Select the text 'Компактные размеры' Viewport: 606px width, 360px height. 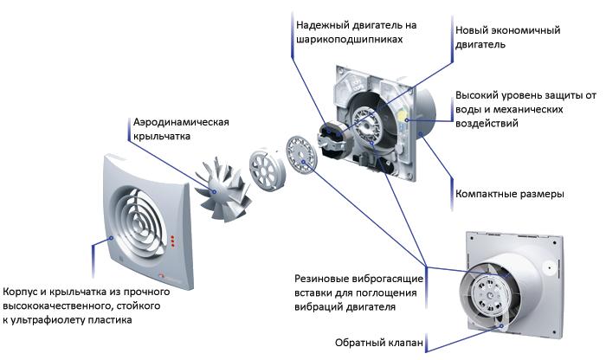(509, 194)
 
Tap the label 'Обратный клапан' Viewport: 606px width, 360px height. (379, 344)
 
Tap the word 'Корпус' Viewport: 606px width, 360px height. (22, 292)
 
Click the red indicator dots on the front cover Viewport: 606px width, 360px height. (177, 239)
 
